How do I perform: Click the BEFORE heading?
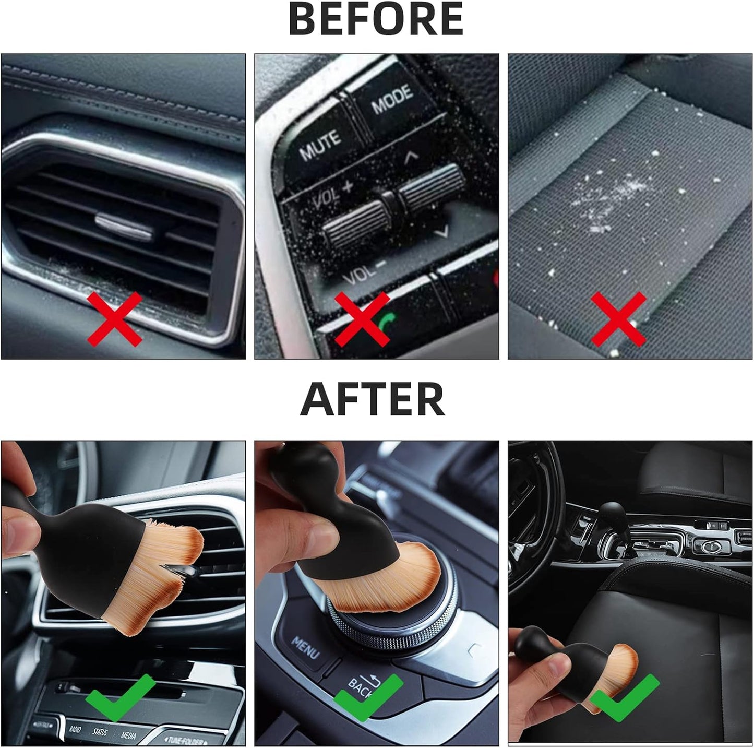(376, 19)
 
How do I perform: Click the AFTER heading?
(373, 399)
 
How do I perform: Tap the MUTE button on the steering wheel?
(320, 144)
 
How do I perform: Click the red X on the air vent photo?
(114, 318)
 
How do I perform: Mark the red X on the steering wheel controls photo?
(362, 318)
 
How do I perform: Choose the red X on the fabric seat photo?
(618, 318)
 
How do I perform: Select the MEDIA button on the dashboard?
(128, 735)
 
